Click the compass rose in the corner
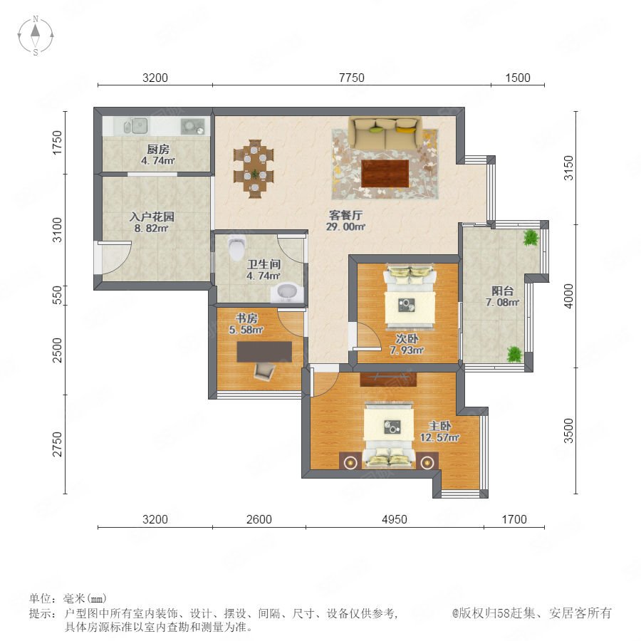(36, 36)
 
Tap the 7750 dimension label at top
(352, 78)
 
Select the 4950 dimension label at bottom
(395, 519)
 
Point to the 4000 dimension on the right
(568, 296)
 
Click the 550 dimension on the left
(58, 295)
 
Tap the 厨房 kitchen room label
(158, 150)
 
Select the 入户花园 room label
(152, 217)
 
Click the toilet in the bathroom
(236, 248)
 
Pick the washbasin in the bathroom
(287, 293)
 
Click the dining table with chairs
(254, 169)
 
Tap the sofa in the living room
(385, 134)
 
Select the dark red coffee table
(385, 173)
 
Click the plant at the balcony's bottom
(514, 354)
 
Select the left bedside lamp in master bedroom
(350, 462)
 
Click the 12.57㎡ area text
(440, 437)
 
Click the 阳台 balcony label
(502, 291)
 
